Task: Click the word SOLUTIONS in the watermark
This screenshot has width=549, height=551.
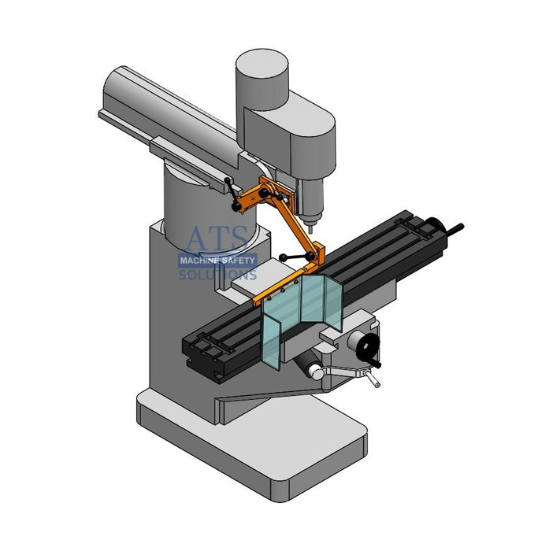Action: tap(217, 275)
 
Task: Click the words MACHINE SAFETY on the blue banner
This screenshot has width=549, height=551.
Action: tap(217, 261)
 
